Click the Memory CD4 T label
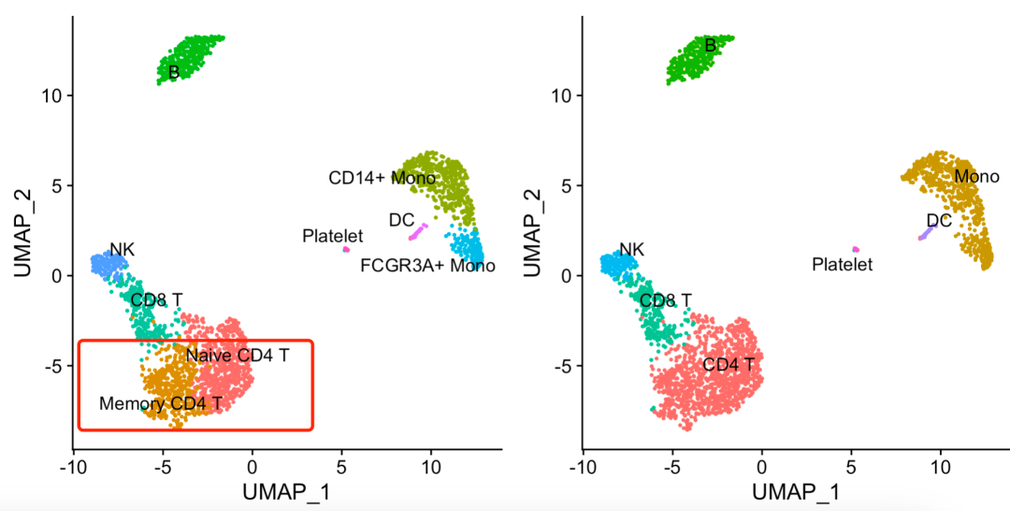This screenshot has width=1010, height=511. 161,404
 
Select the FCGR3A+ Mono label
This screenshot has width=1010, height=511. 427,266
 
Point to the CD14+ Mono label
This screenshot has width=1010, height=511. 368,178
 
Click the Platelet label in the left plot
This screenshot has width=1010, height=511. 332,237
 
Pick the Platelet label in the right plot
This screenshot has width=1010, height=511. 842,265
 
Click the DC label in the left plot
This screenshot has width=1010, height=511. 401,220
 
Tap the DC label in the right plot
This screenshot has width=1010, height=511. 939,221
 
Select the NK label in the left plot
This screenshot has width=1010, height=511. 123,249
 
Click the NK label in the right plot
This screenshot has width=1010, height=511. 632,250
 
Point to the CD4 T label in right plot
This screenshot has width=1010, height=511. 729,364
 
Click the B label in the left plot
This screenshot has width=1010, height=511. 174,72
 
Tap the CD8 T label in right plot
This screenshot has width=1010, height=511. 666,300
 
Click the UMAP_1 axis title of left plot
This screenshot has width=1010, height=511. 286,490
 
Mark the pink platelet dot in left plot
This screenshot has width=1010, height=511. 346,249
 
